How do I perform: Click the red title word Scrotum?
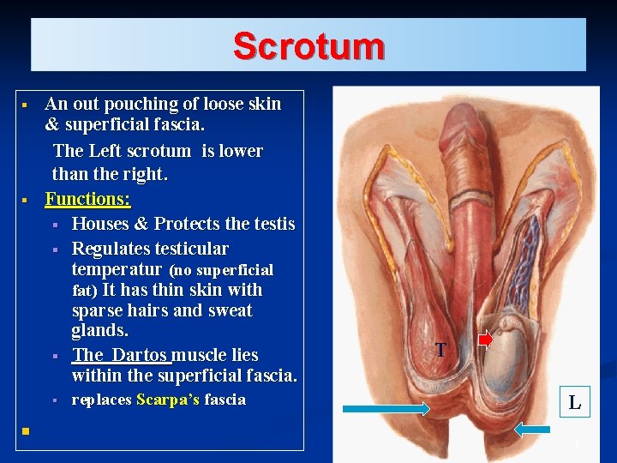[308, 45]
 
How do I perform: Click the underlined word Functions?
[87, 199]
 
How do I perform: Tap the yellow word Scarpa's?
[168, 400]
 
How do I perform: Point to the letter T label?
[440, 350]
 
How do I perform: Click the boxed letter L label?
[574, 401]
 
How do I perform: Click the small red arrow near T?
[485, 340]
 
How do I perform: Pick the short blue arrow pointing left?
[532, 429]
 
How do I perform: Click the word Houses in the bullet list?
[99, 224]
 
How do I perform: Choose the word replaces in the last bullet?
[101, 400]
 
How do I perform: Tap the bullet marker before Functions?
[26, 200]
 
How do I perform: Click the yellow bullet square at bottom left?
[27, 430]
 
